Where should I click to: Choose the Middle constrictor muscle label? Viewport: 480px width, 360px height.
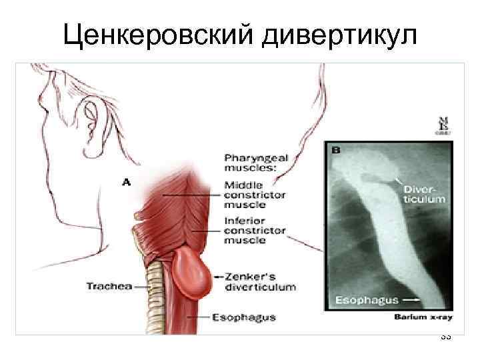254,195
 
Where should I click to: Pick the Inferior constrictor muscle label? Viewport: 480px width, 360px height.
254,231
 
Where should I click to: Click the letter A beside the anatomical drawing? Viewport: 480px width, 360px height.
126,181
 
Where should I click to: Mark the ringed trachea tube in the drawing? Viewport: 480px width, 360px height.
154,293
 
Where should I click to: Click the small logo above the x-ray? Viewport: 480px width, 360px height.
441,125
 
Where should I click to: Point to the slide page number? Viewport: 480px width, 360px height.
446,337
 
